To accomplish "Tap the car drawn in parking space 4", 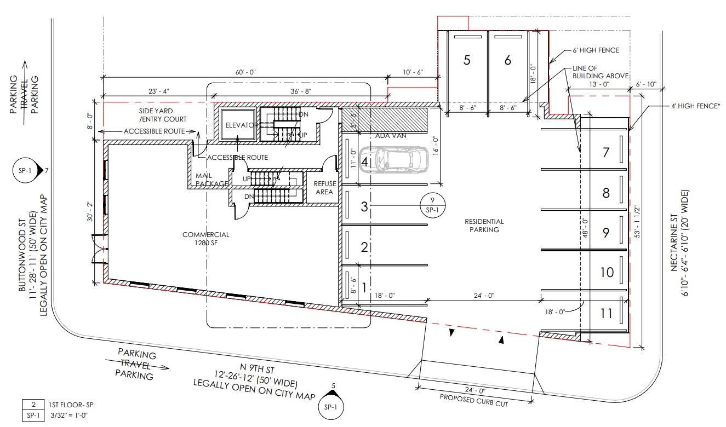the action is pyautogui.click(x=393, y=160).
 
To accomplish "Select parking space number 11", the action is pyautogui.click(x=606, y=313).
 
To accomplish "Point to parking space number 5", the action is pyautogui.click(x=467, y=60).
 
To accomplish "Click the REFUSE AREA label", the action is pyautogui.click(x=324, y=188).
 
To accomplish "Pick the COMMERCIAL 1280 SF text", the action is pyautogui.click(x=206, y=239).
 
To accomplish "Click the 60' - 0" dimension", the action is pyautogui.click(x=245, y=72).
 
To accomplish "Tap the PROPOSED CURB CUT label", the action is pyautogui.click(x=473, y=401).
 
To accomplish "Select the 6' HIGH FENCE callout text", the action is pyautogui.click(x=596, y=50).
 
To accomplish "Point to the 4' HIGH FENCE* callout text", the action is pyautogui.click(x=695, y=106).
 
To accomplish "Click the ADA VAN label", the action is pyautogui.click(x=391, y=136).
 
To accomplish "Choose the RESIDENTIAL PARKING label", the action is pyautogui.click(x=484, y=226).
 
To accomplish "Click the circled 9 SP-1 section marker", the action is pyautogui.click(x=432, y=205).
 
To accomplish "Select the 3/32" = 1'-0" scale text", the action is pyautogui.click(x=69, y=416).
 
